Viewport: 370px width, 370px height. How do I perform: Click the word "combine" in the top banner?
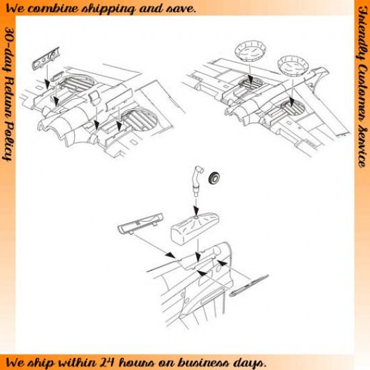(x=55, y=9)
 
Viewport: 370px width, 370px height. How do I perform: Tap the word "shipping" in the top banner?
(x=109, y=9)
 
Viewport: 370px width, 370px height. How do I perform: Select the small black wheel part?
(x=214, y=178)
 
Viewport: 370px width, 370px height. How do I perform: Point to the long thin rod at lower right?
(x=249, y=285)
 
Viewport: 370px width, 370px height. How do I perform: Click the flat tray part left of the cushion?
(x=141, y=223)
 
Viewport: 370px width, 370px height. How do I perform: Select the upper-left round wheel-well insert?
(x=250, y=52)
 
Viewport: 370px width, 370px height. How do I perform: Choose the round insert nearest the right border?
(x=293, y=66)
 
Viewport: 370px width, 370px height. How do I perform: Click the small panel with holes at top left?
(x=46, y=59)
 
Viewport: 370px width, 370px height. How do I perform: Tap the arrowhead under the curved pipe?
(x=196, y=209)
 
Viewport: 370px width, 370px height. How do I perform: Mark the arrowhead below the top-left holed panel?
(x=47, y=85)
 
